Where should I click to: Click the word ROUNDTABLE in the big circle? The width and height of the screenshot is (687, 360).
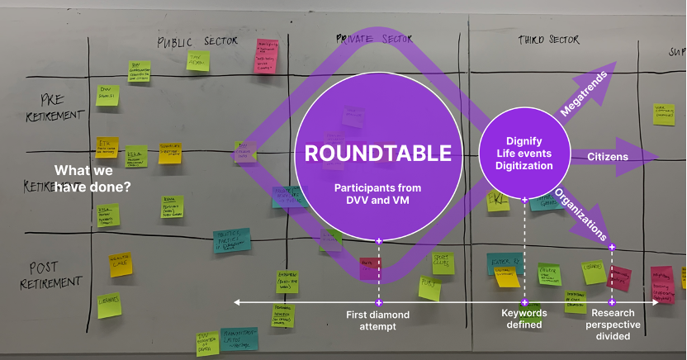point(378,153)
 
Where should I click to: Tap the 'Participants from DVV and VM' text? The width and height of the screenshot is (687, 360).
point(378,195)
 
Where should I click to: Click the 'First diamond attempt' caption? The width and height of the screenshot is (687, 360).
point(378,320)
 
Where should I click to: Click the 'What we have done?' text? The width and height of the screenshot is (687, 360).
point(92,179)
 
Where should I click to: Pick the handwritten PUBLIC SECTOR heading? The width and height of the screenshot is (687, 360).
point(197,41)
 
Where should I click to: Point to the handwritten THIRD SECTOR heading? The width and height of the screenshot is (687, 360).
point(548,40)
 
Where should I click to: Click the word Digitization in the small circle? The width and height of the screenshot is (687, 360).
point(524,165)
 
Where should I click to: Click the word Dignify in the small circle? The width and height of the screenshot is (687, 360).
point(524,140)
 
